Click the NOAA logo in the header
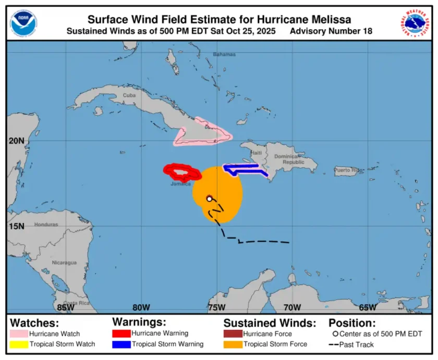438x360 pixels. [x=23, y=23]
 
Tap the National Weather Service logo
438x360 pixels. [x=414, y=23]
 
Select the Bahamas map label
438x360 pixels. [x=224, y=54]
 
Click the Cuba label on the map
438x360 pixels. [x=129, y=95]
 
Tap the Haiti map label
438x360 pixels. [x=256, y=152]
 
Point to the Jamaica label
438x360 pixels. [x=180, y=184]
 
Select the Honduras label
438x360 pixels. [x=46, y=225]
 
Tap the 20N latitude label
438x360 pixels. [x=16, y=141]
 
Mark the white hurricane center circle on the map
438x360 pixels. [x=209, y=198]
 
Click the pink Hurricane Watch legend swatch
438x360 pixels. [x=19, y=333]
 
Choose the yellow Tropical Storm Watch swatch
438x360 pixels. [x=19, y=344]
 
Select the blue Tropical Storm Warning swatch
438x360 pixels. [x=121, y=344]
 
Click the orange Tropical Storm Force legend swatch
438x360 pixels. [x=233, y=344]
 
